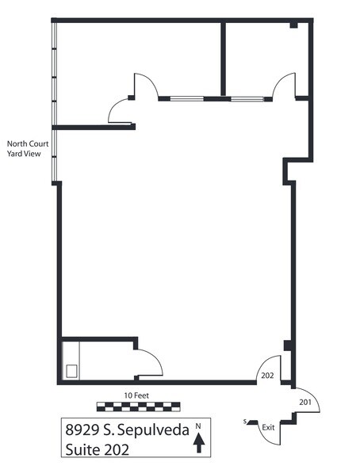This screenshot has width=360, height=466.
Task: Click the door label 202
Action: tap(267, 376)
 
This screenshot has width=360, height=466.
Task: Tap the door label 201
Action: tap(305, 402)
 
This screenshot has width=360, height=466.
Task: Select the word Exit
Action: tap(268, 427)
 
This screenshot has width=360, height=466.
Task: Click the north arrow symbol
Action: tap(199, 443)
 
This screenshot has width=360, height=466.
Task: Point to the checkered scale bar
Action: tap(139, 407)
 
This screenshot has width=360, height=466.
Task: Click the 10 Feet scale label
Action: tap(136, 395)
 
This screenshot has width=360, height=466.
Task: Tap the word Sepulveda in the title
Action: tap(153, 430)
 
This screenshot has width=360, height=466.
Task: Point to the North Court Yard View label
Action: tap(28, 149)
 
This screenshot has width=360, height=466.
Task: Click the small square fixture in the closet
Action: tap(71, 372)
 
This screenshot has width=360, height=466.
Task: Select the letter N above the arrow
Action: tap(198, 426)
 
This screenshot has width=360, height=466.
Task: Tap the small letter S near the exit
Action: tap(245, 421)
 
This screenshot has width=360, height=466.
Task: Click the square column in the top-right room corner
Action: tap(293, 25)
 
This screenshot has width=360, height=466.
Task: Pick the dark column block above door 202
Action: tap(288, 346)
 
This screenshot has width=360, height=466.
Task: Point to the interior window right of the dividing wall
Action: tap(247, 99)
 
